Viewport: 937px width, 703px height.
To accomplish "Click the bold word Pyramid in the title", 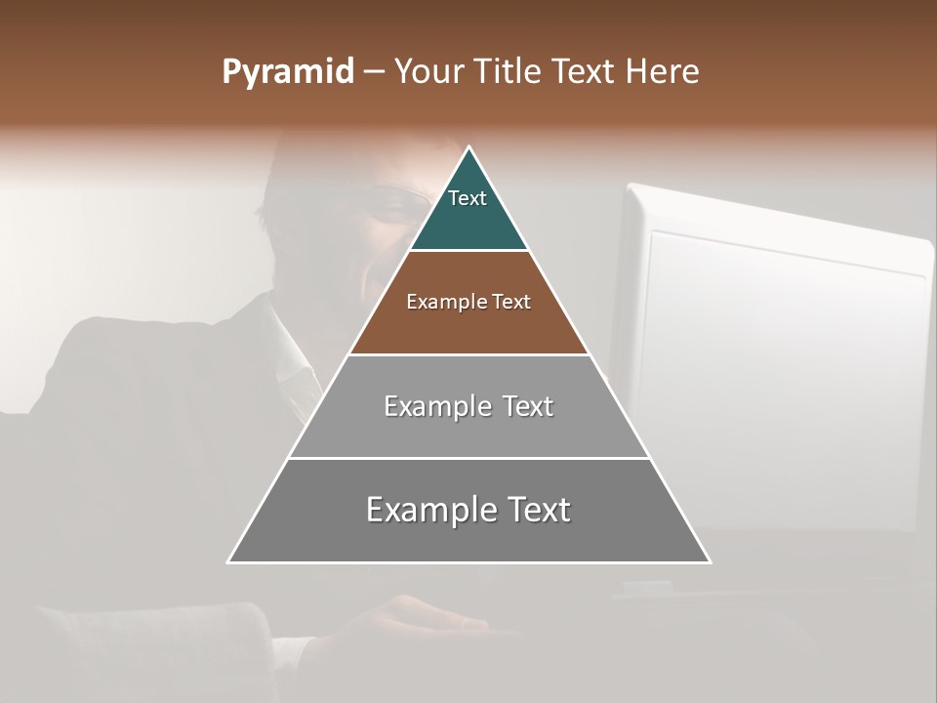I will point(288,71).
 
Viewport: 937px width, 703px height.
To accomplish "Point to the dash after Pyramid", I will point(373,72).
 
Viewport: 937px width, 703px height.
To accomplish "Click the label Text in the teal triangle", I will point(468,198).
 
